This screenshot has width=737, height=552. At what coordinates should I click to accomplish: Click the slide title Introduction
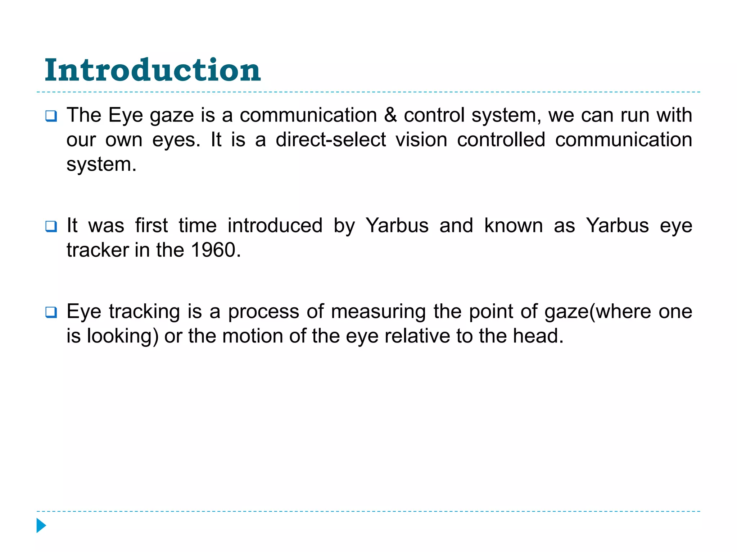click(153, 70)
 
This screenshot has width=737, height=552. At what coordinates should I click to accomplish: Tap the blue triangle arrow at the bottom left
click(41, 525)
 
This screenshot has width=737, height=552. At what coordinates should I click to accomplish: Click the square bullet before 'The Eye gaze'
click(51, 116)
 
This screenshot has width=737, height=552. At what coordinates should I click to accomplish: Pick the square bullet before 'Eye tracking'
click(51, 312)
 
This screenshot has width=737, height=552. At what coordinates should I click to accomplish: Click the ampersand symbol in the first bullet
click(390, 115)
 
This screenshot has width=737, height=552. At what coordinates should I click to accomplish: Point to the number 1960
click(213, 250)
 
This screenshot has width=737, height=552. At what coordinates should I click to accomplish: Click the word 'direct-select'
click(331, 140)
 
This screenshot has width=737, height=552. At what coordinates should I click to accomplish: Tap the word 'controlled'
click(501, 140)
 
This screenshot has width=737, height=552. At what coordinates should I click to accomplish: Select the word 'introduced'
click(275, 226)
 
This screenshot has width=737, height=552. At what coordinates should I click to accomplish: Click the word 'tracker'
click(98, 250)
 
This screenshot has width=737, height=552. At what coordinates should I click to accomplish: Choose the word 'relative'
click(417, 336)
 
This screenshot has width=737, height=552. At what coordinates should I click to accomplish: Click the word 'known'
click(514, 226)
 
